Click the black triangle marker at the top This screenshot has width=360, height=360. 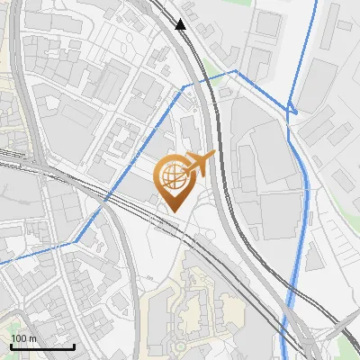coord(182,24)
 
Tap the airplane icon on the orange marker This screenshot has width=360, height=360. coord(200,164)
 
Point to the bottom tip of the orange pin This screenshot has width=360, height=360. coord(171,211)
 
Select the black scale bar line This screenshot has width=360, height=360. coord(42,346)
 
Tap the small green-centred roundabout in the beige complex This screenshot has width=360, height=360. coord(179,345)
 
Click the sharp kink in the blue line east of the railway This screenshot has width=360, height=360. coord(292,111)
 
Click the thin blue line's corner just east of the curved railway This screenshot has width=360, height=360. coord(236,70)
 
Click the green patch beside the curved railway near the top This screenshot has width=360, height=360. coord(209,67)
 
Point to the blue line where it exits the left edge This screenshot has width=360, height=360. coord(3,262)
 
